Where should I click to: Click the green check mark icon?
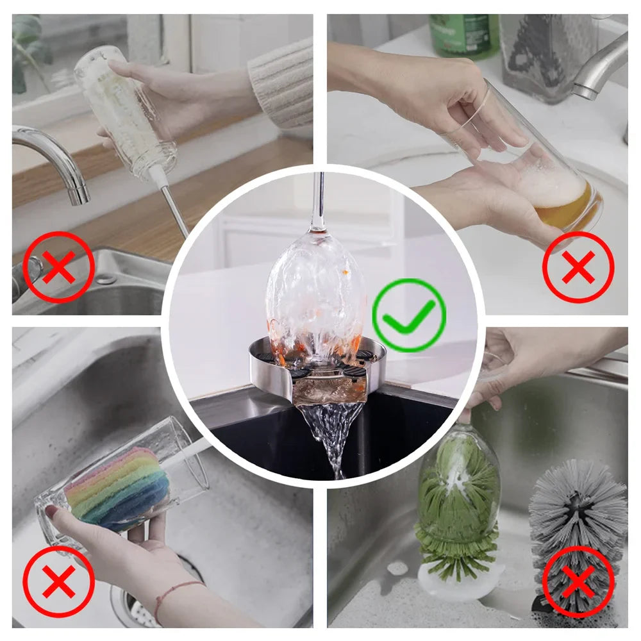click(x=409, y=315)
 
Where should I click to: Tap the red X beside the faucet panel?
click(x=59, y=267)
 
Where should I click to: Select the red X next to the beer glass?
click(x=578, y=267)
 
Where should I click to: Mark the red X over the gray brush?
click(x=578, y=581)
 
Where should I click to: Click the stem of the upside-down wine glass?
click(x=318, y=199)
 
